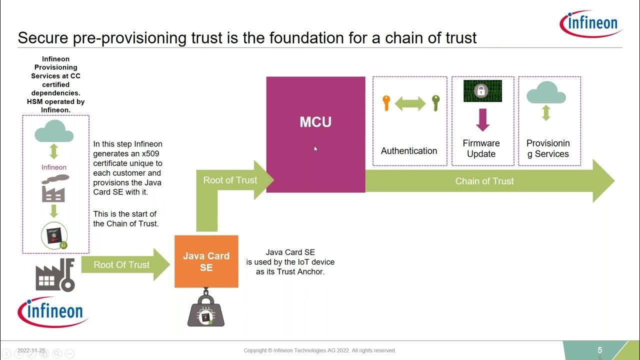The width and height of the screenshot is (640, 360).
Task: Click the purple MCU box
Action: (315, 134)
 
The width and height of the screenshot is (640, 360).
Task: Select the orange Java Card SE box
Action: (206, 261)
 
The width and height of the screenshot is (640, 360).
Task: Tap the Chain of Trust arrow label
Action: (484, 181)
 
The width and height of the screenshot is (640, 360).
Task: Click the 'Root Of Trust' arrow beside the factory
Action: (121, 264)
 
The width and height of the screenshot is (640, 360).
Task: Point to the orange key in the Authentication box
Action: (386, 103)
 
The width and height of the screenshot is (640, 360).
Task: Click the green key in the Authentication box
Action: (435, 103)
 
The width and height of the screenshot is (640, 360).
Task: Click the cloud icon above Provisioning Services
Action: (545, 92)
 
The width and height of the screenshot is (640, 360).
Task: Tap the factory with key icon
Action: (55, 275)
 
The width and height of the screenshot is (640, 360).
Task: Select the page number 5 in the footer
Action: (600, 350)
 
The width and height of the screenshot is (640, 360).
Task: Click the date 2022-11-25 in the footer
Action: (31, 350)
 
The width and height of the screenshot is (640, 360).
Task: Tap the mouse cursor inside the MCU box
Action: (315, 148)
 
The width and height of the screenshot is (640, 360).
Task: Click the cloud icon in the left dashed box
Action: (54, 133)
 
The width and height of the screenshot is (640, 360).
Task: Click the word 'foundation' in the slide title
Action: (281, 38)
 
